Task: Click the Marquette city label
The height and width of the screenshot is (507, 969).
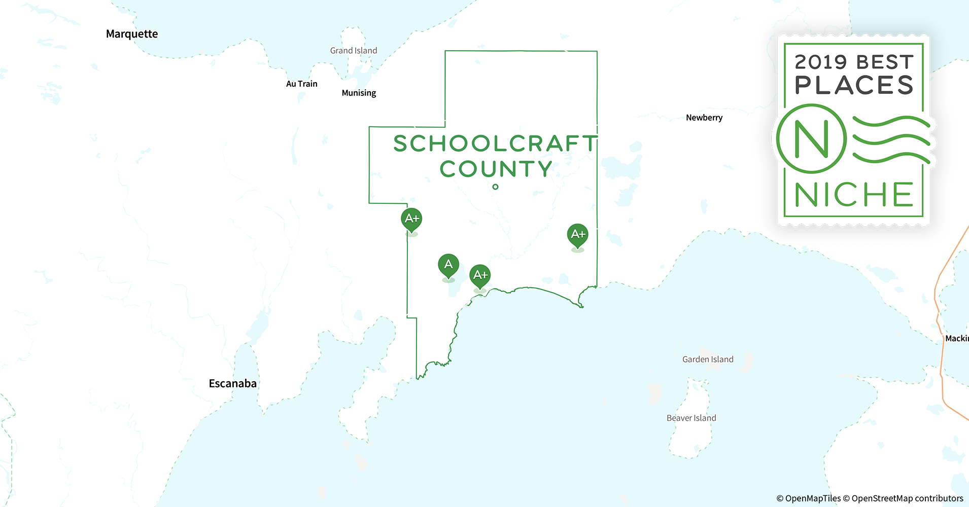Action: coord(132,34)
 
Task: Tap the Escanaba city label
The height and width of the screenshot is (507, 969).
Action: coord(232,383)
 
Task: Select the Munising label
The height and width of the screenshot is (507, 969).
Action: coord(359,93)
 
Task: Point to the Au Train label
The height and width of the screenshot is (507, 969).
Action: coord(301,84)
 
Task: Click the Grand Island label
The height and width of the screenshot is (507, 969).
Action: coord(354,51)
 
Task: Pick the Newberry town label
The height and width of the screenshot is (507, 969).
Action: coord(704,118)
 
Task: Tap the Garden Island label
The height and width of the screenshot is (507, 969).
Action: coord(708,359)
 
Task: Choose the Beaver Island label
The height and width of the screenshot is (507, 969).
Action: coord(691,418)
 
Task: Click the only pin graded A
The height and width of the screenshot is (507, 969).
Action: coord(448,265)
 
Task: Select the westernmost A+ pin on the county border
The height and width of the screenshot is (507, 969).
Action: coord(411,219)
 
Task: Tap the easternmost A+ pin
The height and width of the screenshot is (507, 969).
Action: coord(577,235)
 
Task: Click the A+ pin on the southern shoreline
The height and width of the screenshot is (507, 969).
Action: coord(480,275)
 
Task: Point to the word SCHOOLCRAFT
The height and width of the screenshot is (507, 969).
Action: coord(495,143)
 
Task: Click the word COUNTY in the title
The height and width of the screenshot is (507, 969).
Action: coord(496,169)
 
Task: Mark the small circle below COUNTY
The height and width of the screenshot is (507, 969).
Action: coord(496,187)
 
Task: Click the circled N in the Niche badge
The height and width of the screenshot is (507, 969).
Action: coord(811,138)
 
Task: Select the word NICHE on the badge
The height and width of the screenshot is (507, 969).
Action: coord(854,195)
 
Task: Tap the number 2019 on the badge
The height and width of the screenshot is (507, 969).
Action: coord(821,62)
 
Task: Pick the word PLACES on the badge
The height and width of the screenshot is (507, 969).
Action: coord(854,85)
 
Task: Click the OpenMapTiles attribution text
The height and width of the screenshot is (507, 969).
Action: coord(808,498)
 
